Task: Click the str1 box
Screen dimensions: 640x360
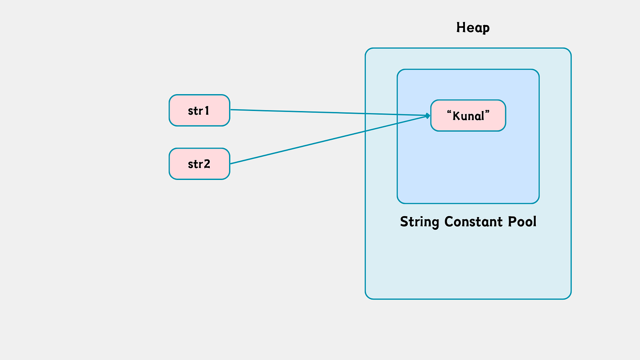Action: pyautogui.click(x=199, y=110)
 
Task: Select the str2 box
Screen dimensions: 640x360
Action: pyautogui.click(x=199, y=164)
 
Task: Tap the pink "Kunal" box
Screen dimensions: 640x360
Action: pyautogui.click(x=468, y=115)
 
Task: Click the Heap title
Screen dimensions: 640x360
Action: pyautogui.click(x=473, y=28)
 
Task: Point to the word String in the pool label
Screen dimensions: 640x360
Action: pyautogui.click(x=420, y=222)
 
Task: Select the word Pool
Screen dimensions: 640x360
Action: pyautogui.click(x=522, y=222)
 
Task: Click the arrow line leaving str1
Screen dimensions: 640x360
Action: pyautogui.click(x=329, y=112)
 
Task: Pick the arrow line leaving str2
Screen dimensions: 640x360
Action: pyautogui.click(x=329, y=140)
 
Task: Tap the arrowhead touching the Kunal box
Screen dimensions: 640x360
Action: pyautogui.click(x=428, y=116)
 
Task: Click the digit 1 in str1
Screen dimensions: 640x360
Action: pyautogui.click(x=207, y=111)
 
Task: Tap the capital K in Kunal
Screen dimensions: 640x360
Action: pyautogui.click(x=456, y=116)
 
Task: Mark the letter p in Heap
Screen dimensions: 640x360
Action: pyautogui.click(x=486, y=29)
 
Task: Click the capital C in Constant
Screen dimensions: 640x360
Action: pyautogui.click(x=448, y=222)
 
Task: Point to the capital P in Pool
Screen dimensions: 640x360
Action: pyautogui.click(x=512, y=222)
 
